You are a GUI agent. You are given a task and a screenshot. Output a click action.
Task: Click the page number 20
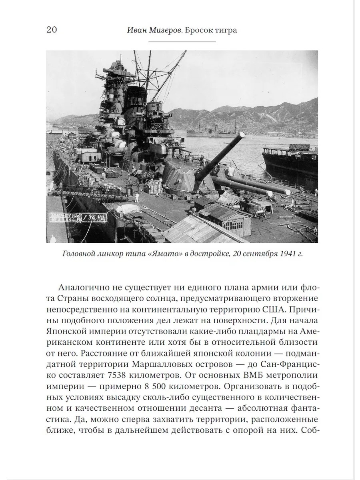pos(52,30)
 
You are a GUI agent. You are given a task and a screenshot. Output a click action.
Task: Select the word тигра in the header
pos(225,30)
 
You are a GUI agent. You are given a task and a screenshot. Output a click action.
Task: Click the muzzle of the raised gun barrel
pos(241,136)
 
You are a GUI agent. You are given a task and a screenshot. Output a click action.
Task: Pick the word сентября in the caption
pos(254,254)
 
